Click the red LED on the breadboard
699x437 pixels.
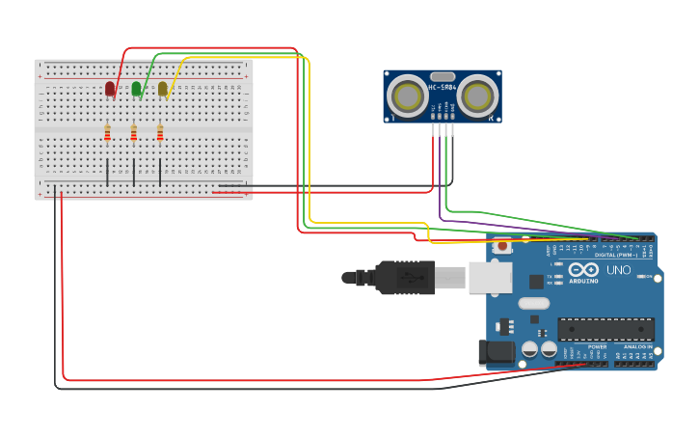(x=110, y=89)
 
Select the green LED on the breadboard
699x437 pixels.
(x=136, y=89)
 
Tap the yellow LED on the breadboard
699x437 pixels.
(x=162, y=89)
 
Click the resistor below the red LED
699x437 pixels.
(x=107, y=133)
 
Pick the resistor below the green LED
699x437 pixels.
(x=133, y=133)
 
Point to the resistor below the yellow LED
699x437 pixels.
(x=160, y=133)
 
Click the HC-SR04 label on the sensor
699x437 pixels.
(x=443, y=88)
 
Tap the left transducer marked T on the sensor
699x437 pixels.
(x=409, y=96)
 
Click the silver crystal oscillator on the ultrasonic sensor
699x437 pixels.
(x=443, y=76)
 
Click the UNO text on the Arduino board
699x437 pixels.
(x=618, y=270)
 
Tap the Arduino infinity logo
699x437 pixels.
(x=589, y=270)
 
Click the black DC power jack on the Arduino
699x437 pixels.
(x=497, y=352)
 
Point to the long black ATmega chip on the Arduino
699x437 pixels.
(x=605, y=329)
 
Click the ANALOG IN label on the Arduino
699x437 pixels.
(x=635, y=346)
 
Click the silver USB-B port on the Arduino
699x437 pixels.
(x=490, y=278)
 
